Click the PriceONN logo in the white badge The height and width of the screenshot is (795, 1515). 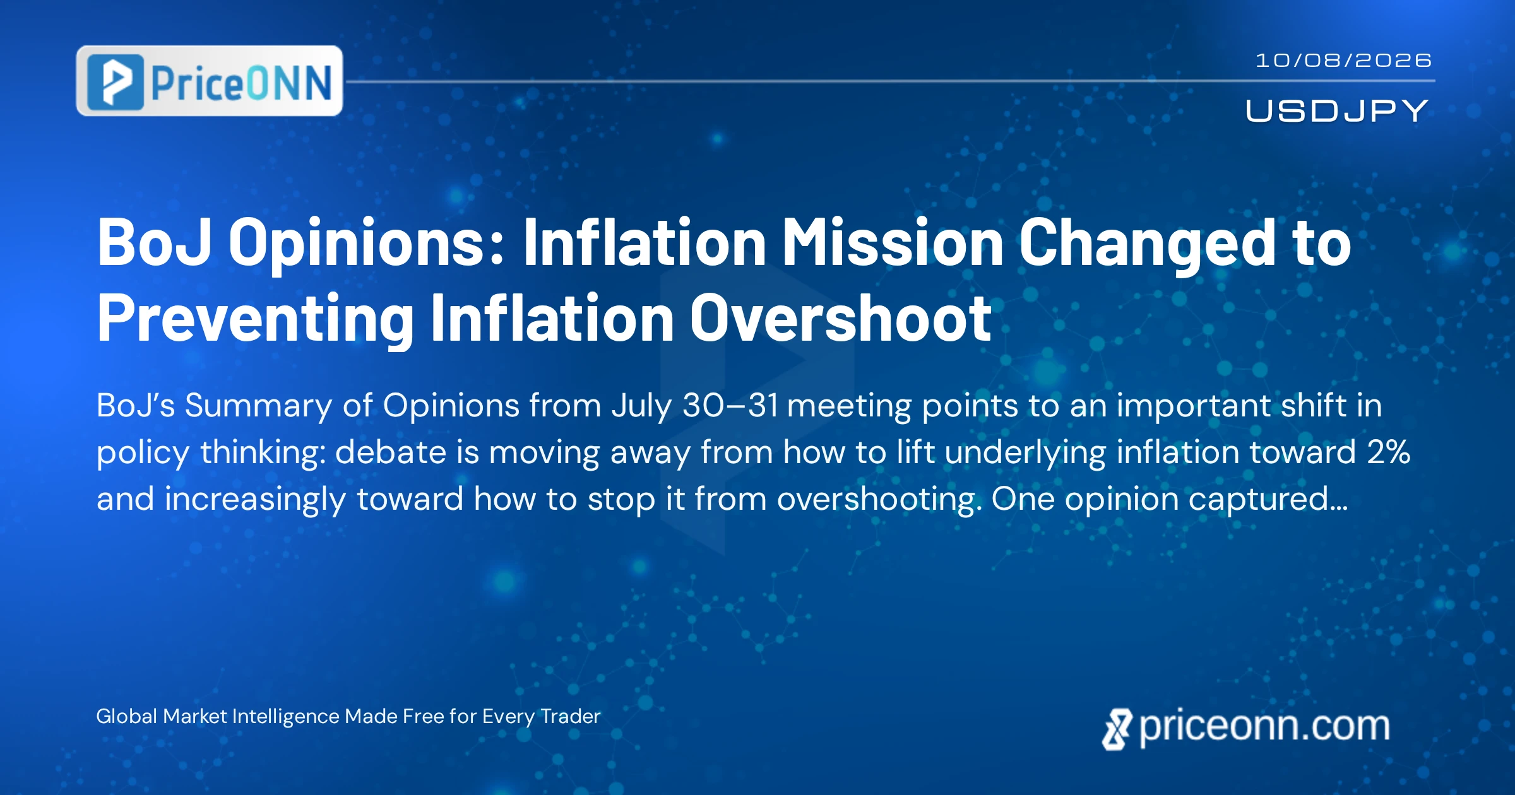click(x=210, y=81)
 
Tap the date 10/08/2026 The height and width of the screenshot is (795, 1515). click(x=1343, y=61)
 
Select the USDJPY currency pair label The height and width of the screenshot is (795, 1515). click(x=1337, y=111)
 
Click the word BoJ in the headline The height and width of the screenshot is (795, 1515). click(x=154, y=242)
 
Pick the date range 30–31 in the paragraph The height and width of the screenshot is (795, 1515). click(x=730, y=406)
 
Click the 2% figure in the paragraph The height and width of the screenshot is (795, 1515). click(x=1389, y=452)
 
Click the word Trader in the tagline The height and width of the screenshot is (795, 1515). click(x=571, y=716)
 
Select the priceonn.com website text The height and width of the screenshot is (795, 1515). click(x=1264, y=727)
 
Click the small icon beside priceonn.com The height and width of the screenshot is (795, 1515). click(x=1117, y=729)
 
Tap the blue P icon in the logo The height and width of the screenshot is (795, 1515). click(x=116, y=81)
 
